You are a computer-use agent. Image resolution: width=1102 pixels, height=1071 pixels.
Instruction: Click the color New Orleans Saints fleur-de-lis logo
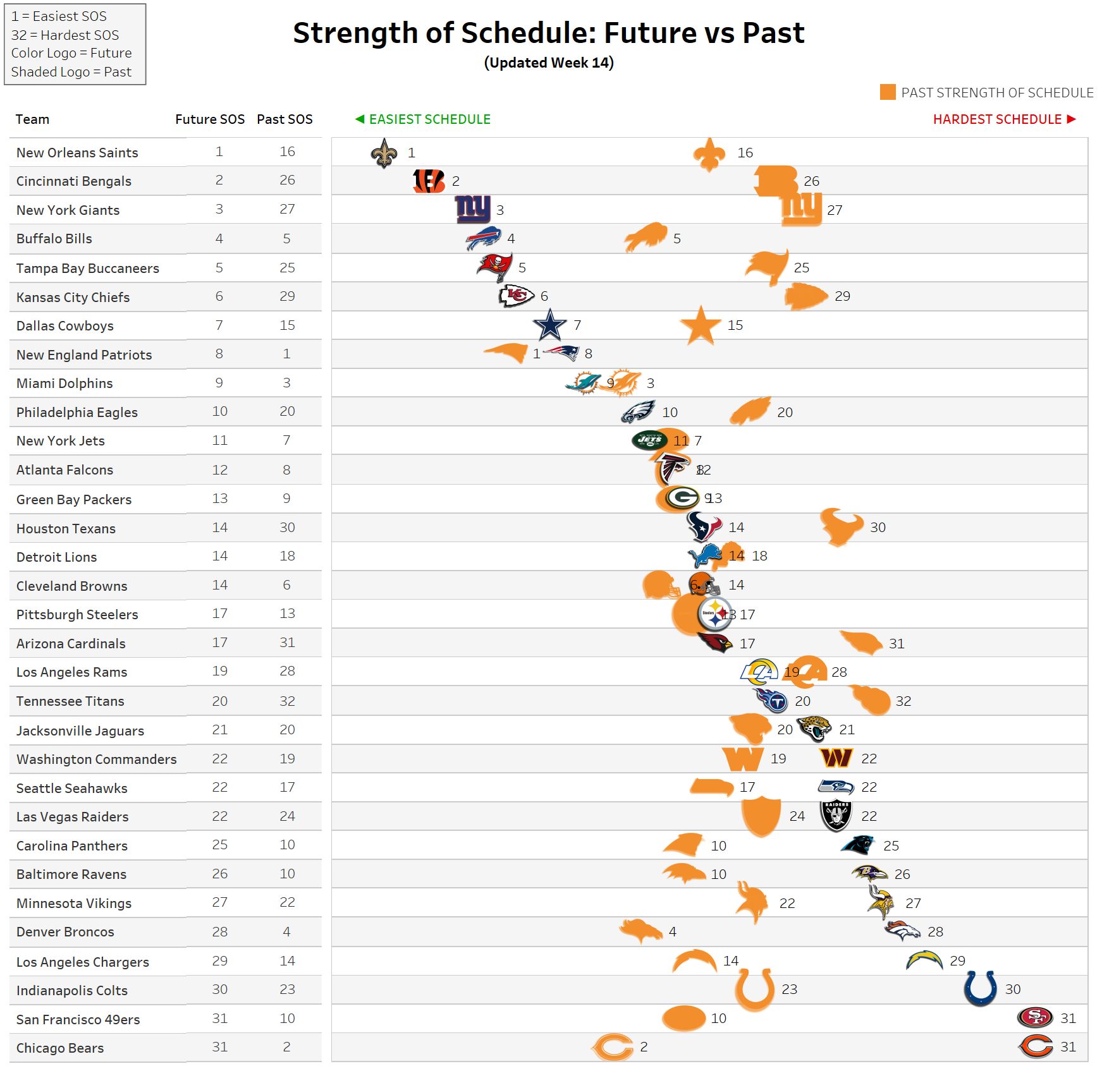[384, 153]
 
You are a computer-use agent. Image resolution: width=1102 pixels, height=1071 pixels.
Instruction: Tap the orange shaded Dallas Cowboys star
[701, 326]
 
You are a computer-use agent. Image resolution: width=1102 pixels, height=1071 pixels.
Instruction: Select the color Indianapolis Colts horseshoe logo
[980, 988]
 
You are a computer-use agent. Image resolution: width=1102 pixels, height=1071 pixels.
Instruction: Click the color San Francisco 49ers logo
[1035, 1017]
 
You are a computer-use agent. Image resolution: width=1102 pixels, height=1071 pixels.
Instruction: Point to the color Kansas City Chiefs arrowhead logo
[516, 296]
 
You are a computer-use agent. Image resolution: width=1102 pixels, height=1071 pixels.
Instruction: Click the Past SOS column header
[285, 119]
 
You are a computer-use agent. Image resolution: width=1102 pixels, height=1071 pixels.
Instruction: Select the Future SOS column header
[209, 119]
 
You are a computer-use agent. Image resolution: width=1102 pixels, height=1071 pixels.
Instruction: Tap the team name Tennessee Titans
[70, 701]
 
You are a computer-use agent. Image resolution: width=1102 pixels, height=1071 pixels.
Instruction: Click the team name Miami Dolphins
[64, 384]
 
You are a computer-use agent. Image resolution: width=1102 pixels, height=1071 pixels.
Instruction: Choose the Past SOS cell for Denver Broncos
[286, 931]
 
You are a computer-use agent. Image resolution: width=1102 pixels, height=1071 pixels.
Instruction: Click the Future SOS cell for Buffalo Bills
[219, 239]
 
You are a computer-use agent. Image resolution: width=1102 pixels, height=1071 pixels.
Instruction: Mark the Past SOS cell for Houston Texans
[287, 528]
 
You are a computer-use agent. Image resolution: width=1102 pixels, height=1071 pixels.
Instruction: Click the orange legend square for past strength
[888, 92]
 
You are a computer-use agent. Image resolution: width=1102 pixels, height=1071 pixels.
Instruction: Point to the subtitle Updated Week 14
[549, 63]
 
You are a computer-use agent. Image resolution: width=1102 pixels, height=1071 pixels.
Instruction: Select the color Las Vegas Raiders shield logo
[836, 816]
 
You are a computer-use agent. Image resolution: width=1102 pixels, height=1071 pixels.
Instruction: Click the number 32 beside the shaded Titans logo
[903, 701]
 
